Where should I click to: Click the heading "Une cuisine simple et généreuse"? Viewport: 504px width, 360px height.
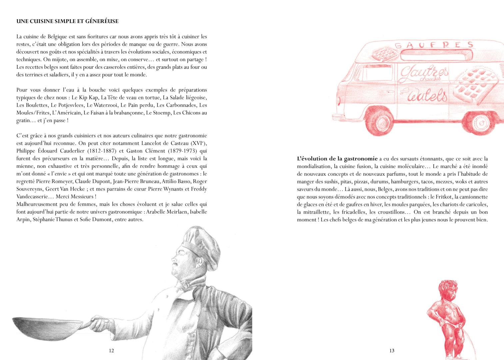pyautogui.click(x=67, y=21)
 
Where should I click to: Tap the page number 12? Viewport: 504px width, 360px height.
pyautogui.click(x=111, y=350)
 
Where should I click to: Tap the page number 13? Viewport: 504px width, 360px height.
pyautogui.click(x=392, y=350)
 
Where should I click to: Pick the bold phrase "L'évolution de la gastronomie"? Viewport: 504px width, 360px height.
pyautogui.click(x=337, y=159)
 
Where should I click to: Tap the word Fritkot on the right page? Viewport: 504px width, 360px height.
pyautogui.click(x=445, y=197)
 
